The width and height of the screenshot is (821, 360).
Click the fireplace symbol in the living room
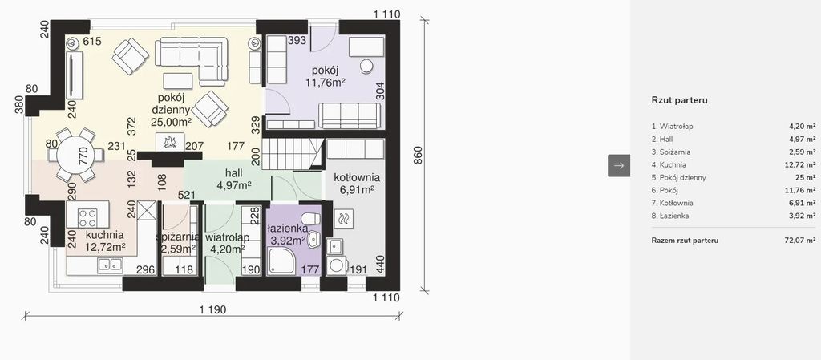point(170,141)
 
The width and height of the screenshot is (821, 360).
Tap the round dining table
point(77,156)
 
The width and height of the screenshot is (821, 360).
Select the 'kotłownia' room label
point(357,178)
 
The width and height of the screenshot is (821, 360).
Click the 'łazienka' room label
point(287,229)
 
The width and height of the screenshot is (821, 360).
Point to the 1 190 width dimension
point(212,309)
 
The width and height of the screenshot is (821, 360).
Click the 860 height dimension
point(418,156)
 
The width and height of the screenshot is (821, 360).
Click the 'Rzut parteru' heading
point(680,100)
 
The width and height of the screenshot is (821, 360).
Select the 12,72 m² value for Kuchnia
point(802,165)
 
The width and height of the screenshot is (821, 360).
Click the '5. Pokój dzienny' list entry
point(678,177)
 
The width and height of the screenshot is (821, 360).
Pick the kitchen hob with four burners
point(87,217)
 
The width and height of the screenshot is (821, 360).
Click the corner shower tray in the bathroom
point(281,261)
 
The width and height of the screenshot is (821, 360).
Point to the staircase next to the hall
point(292,153)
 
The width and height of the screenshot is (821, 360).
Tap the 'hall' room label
point(233,172)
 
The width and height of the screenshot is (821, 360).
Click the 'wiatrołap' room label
point(227,237)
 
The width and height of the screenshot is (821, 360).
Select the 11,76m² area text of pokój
point(326,82)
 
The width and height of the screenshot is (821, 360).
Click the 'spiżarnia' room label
point(178,237)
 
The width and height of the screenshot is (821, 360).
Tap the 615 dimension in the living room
point(92,42)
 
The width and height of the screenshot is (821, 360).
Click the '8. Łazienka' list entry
point(670,216)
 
